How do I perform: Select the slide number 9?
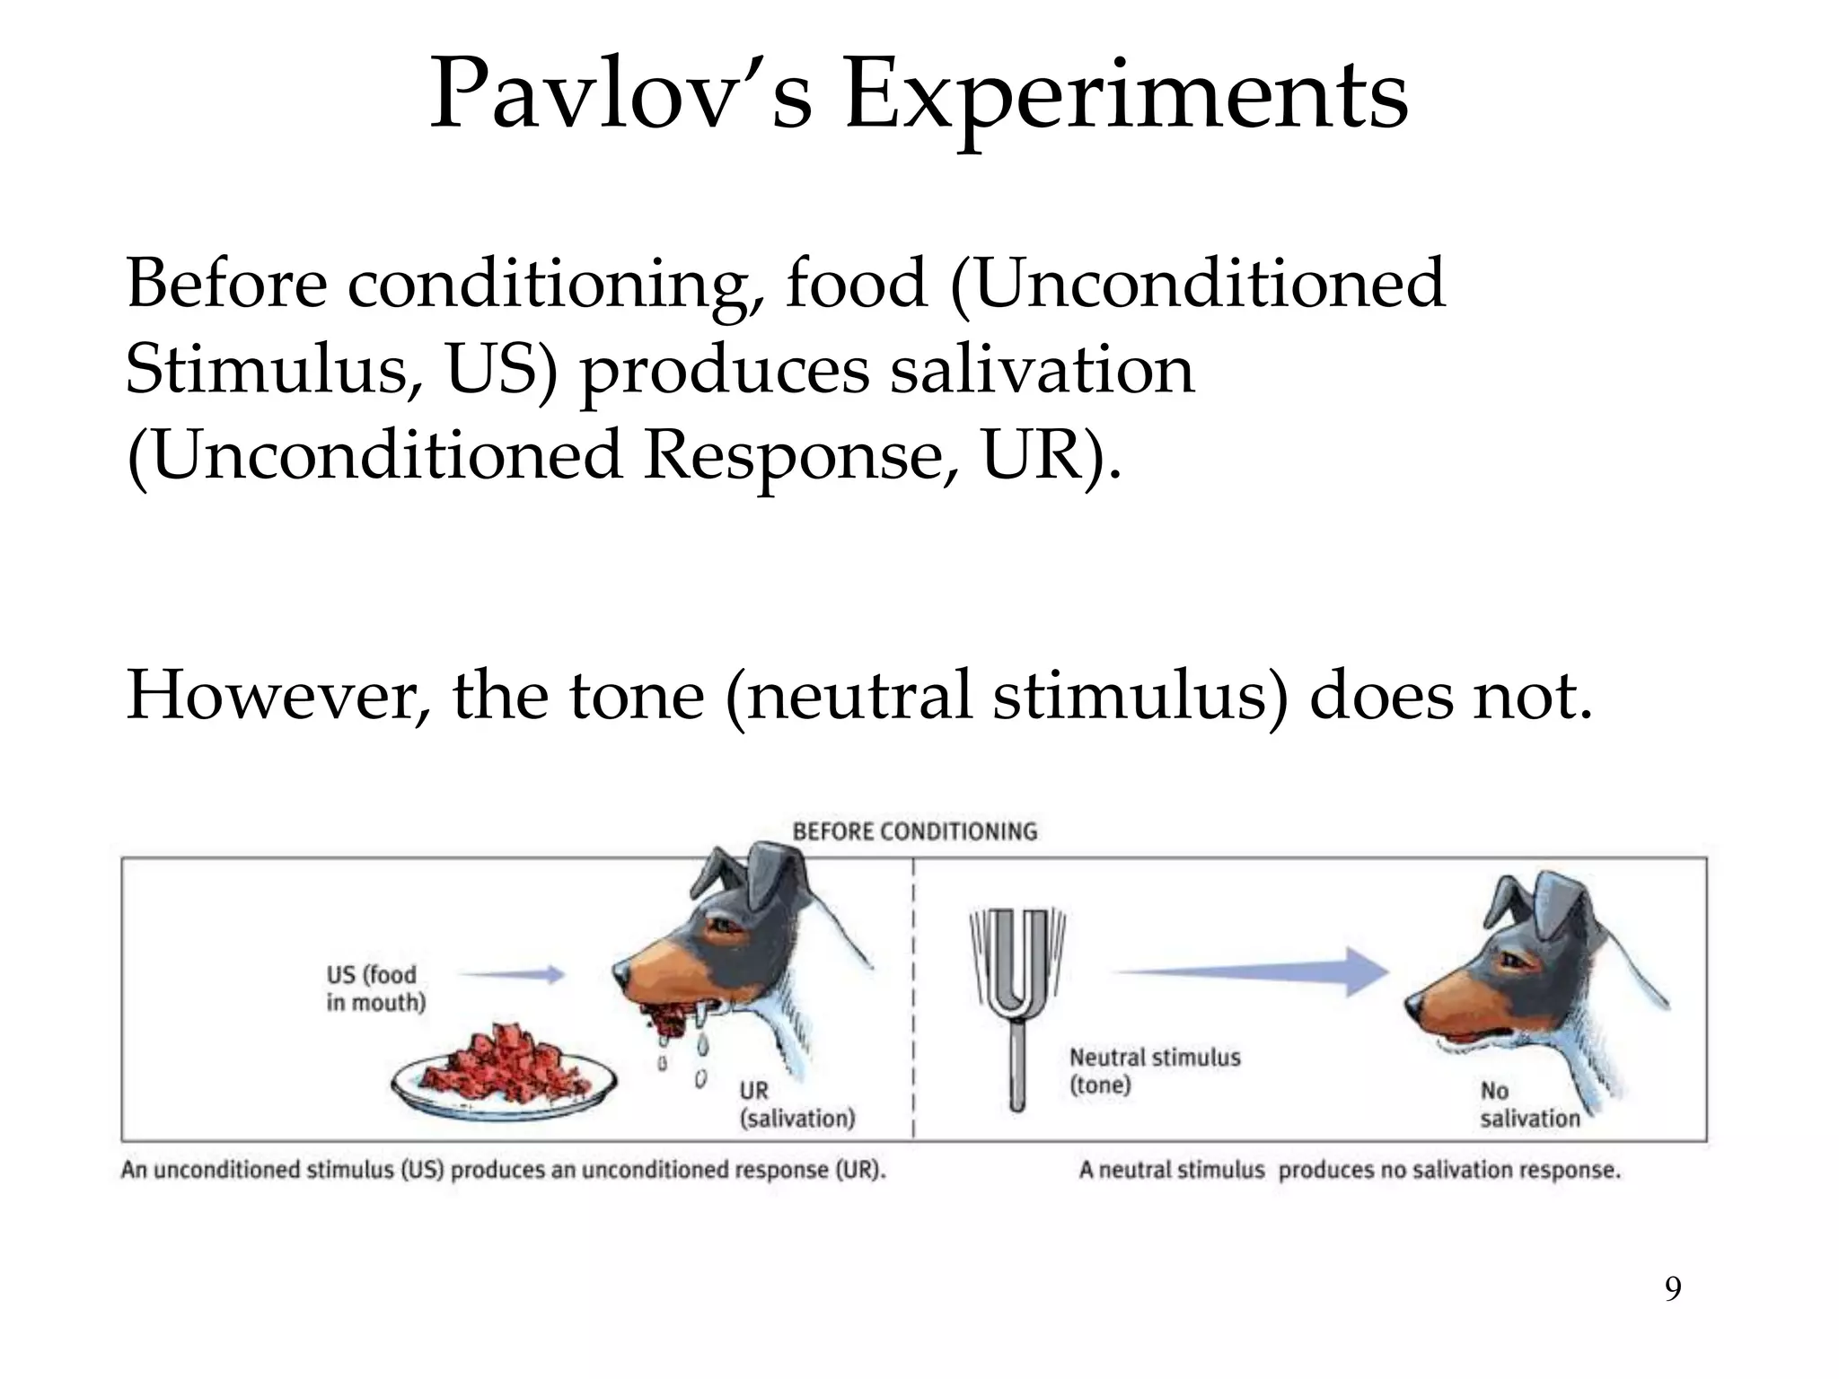click(x=1673, y=1289)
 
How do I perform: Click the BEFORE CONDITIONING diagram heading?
click(x=914, y=831)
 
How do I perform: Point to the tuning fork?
click(x=1017, y=997)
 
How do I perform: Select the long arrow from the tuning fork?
click(x=1252, y=971)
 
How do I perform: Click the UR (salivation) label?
click(x=796, y=1104)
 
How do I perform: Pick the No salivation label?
click(x=1529, y=1104)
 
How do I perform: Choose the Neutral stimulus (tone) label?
click(x=1155, y=1071)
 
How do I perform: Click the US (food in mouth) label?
click(x=375, y=988)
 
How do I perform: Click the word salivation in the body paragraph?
click(x=1042, y=370)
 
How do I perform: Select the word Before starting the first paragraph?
click(x=225, y=284)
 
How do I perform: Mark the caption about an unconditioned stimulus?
click(x=504, y=1171)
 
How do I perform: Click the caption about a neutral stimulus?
click(x=1350, y=1171)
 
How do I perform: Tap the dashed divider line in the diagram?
click(x=913, y=997)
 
